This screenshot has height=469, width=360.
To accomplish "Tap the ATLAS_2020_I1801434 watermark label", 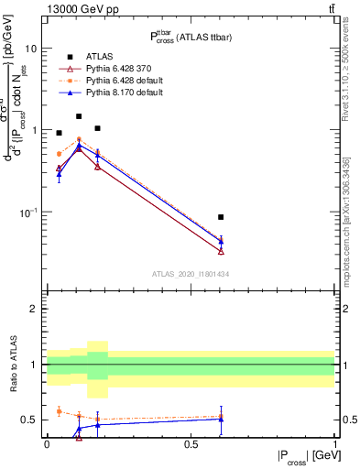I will pyautogui.click(x=191, y=273).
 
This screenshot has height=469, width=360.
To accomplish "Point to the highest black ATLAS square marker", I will pyautogui.click(x=79, y=116).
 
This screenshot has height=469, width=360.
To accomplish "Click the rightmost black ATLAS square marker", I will pyautogui.click(x=221, y=217).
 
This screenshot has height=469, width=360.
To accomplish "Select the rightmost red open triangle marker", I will pyautogui.click(x=221, y=251).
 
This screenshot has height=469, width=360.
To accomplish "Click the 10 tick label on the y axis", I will pyautogui.click(x=31, y=48).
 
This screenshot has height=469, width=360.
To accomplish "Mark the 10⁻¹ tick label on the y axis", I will pyautogui.click(x=28, y=213).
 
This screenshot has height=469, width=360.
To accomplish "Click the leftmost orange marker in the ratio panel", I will pyautogui.click(x=59, y=411).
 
